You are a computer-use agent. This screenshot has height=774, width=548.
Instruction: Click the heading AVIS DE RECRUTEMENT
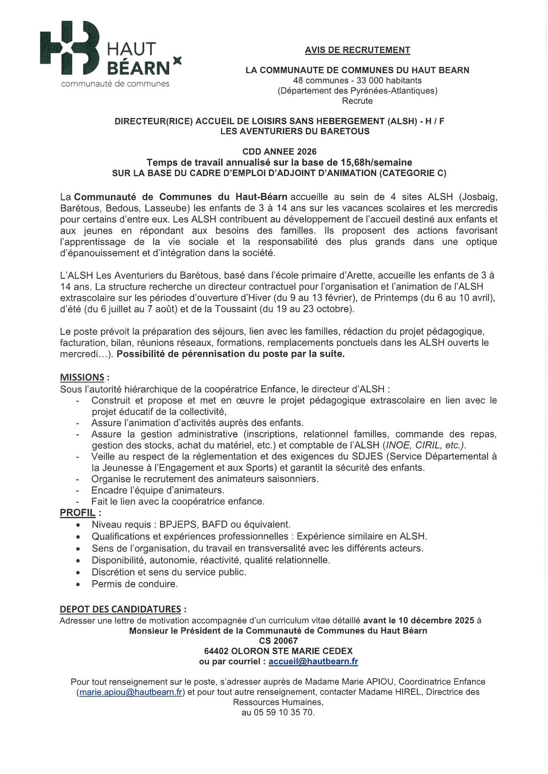(357, 50)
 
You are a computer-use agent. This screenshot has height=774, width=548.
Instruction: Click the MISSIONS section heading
(82, 378)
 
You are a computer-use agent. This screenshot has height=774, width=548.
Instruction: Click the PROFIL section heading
(78, 513)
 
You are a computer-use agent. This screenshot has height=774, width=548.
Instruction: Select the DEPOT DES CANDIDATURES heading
(120, 609)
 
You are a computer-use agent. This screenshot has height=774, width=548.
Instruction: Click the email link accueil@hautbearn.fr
(313, 661)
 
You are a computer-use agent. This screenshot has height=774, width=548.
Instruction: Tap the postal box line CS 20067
(278, 641)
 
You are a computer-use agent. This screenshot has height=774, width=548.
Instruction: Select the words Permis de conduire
(134, 584)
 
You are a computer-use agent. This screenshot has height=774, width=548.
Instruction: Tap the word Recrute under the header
(357, 101)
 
